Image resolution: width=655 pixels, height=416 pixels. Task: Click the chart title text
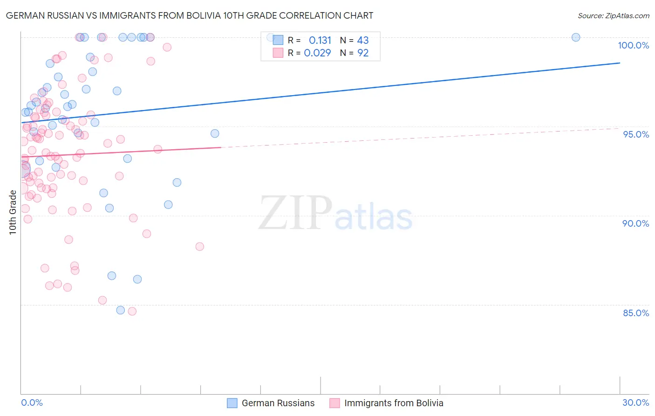click(190, 15)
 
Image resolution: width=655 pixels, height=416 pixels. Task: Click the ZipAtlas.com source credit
click(613, 15)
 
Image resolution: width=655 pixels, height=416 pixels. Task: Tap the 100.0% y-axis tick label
click(633, 45)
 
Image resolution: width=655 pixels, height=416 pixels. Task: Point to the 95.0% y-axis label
click(636, 134)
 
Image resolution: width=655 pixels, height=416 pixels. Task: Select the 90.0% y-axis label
click(635, 223)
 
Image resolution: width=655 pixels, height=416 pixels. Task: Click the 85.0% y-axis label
click(636, 313)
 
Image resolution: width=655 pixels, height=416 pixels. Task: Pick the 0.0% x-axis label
click(32, 402)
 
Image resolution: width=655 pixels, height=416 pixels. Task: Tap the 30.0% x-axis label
click(635, 402)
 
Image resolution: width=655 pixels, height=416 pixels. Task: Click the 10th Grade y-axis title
click(13, 213)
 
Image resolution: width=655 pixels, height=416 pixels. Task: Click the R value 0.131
click(320, 41)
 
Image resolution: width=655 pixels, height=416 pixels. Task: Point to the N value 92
click(363, 53)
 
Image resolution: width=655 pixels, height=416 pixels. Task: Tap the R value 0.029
click(317, 53)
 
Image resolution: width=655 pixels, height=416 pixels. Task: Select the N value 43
click(363, 41)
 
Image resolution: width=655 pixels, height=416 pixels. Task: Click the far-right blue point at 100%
click(576, 37)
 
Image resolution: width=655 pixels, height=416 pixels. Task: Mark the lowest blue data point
click(121, 310)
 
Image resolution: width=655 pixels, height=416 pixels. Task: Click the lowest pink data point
click(132, 312)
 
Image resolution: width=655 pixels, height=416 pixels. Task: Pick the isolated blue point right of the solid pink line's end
click(215, 133)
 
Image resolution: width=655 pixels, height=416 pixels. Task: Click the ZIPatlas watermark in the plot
click(335, 214)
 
